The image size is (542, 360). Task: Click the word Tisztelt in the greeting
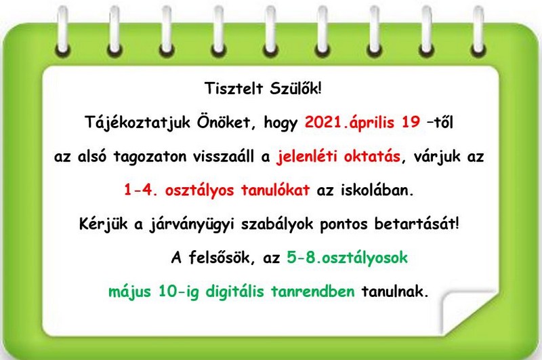234,89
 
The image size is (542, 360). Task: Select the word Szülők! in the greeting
296,89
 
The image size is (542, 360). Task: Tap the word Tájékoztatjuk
138,123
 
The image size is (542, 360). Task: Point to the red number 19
411,122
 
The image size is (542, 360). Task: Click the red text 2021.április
350,123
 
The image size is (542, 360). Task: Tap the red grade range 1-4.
141,191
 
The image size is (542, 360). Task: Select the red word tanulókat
275,191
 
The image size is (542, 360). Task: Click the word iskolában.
377,191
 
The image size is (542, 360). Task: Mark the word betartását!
417,224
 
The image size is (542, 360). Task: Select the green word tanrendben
313,292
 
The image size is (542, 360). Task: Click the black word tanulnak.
395,292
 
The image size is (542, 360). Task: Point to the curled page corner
465,311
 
